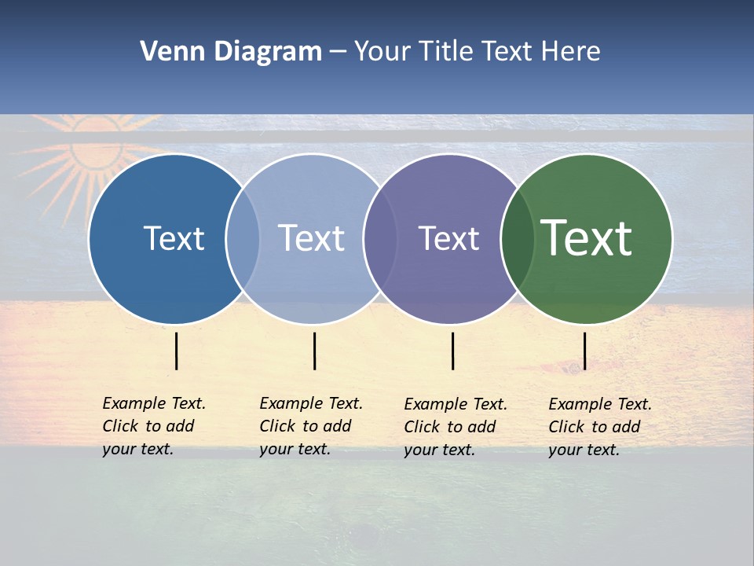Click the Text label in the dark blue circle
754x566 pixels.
tap(174, 238)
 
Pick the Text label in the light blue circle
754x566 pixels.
tap(311, 238)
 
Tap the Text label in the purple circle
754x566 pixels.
tap(448, 238)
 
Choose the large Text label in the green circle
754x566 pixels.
tap(587, 238)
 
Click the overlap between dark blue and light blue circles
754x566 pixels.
tap(243, 238)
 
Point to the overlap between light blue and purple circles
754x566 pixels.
tap(380, 238)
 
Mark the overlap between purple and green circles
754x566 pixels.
tap(518, 238)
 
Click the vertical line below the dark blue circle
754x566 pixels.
tap(177, 351)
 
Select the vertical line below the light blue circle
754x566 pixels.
tap(314, 351)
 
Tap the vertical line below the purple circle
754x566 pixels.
tap(453, 351)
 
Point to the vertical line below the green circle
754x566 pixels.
tap(585, 351)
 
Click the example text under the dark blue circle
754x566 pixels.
tap(154, 426)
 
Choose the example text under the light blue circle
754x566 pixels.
tap(311, 426)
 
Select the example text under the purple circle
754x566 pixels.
tap(456, 427)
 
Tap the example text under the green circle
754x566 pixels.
tap(600, 427)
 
